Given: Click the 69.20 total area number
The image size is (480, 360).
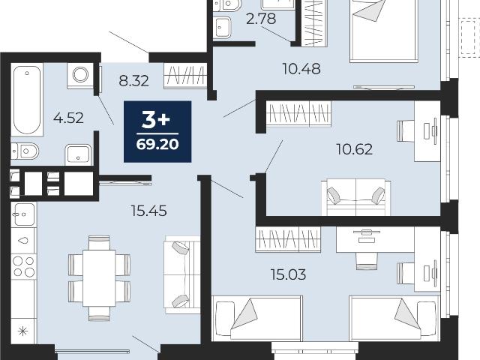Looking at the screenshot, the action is (x=157, y=144).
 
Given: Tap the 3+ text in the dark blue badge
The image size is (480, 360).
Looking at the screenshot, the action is (x=156, y=120).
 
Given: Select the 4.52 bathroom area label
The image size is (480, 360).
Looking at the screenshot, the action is (x=68, y=118).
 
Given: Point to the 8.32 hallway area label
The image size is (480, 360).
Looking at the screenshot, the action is (x=133, y=81).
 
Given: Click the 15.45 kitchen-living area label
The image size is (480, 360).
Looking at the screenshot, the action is (x=148, y=211).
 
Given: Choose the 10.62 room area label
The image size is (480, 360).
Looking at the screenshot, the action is (x=354, y=149).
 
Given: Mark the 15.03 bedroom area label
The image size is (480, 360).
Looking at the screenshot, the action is (x=288, y=274).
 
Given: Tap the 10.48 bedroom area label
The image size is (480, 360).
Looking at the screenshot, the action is (x=301, y=69).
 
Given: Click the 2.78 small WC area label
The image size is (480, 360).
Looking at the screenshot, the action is (x=261, y=19).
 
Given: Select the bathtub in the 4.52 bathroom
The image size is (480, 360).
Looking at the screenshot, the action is (x=27, y=100).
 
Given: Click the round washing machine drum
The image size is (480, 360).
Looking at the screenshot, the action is (x=80, y=74).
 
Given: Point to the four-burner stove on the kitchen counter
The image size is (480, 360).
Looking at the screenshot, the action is (x=24, y=266).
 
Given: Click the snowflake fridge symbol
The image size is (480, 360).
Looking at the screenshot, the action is (x=23, y=331).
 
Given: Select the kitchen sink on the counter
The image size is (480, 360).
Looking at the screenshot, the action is (x=23, y=214).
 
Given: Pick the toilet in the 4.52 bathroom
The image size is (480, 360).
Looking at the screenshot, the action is (x=25, y=151).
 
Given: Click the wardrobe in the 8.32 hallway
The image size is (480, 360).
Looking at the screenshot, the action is (x=185, y=76).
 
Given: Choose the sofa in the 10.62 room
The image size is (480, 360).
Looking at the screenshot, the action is (x=355, y=197).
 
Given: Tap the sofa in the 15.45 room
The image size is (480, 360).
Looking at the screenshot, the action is (x=182, y=274).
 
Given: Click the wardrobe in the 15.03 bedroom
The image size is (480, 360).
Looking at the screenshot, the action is (x=288, y=239).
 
